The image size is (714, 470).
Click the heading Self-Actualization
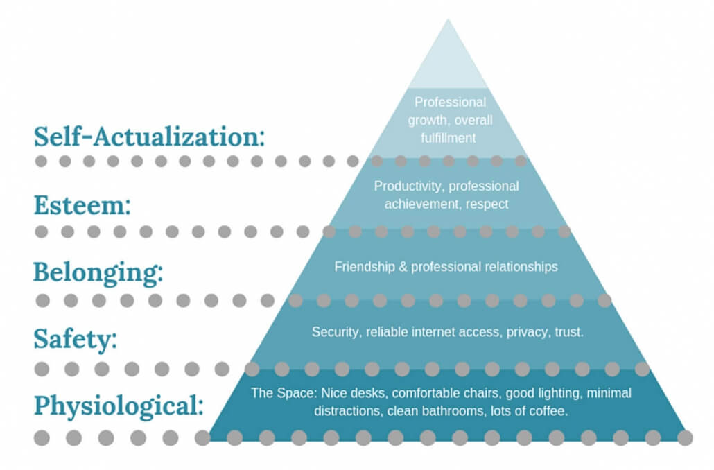pyautogui.click(x=149, y=136)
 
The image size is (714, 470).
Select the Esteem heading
pyautogui.click(x=82, y=204)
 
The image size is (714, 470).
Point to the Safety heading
pyautogui.click(x=75, y=340)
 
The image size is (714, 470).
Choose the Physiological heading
pyautogui.click(x=119, y=406)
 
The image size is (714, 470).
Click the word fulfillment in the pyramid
pyautogui.click(x=449, y=137)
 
